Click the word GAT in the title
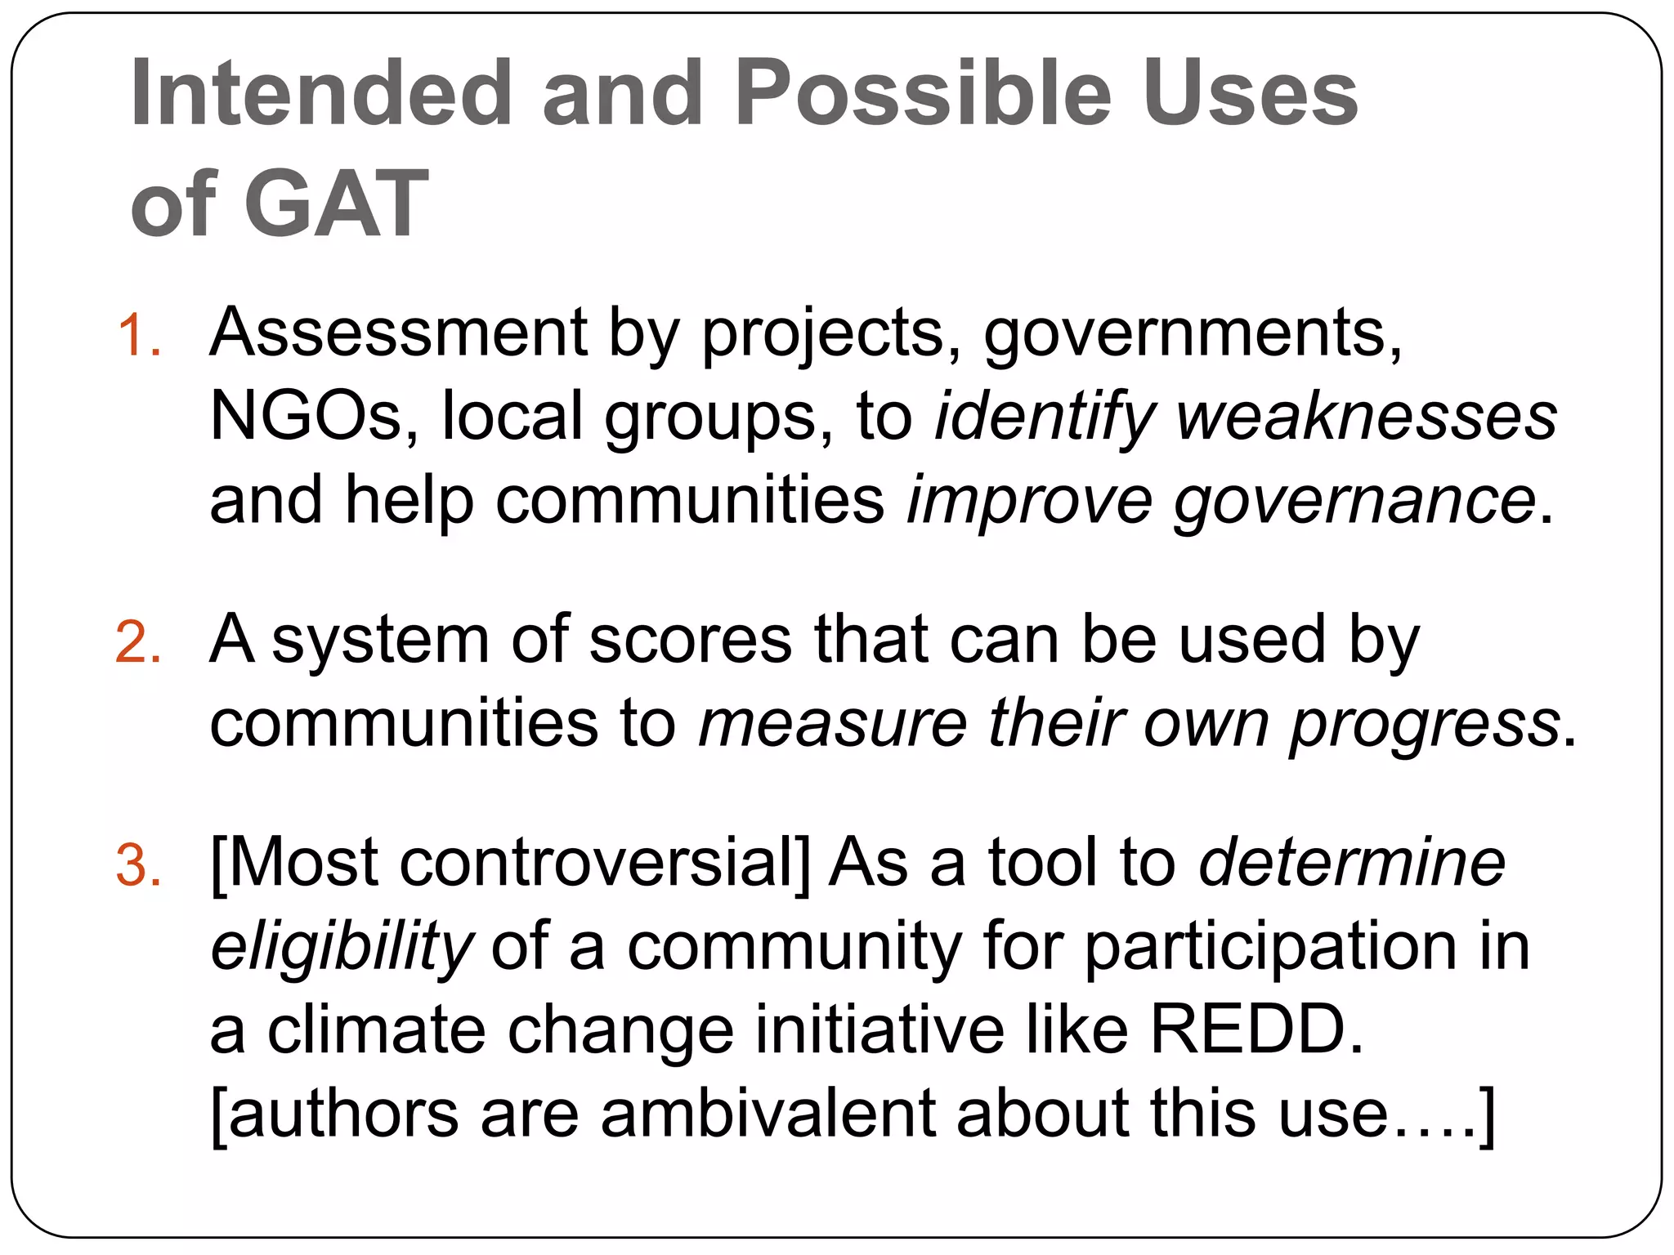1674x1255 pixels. pyautogui.click(x=336, y=203)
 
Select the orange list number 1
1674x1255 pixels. pyautogui.click(x=139, y=336)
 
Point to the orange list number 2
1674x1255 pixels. pyautogui.click(x=139, y=642)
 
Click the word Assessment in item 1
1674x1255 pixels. pyautogui.click(x=398, y=333)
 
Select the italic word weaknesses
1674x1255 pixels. pyautogui.click(x=1367, y=416)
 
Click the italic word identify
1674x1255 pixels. pyautogui.click(x=1045, y=416)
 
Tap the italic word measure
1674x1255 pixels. pyautogui.click(x=832, y=723)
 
